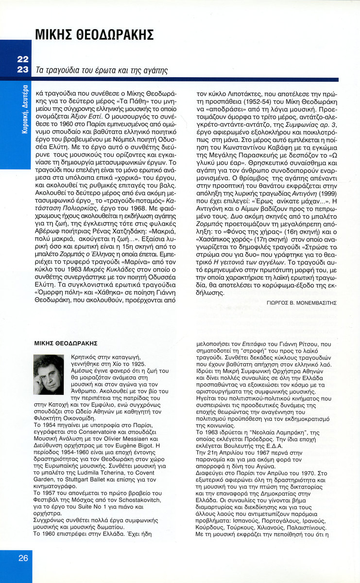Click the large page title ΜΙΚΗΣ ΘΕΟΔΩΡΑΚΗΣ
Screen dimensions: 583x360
click(x=95, y=35)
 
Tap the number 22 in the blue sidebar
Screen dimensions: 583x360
click(x=22, y=59)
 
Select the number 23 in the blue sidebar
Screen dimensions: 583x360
click(x=22, y=69)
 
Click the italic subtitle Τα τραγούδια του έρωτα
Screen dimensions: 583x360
click(x=102, y=70)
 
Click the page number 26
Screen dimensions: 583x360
click(x=23, y=558)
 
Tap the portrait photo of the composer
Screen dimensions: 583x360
click(x=49, y=374)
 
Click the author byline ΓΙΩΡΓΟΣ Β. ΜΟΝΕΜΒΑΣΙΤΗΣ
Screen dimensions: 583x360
click(x=302, y=302)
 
